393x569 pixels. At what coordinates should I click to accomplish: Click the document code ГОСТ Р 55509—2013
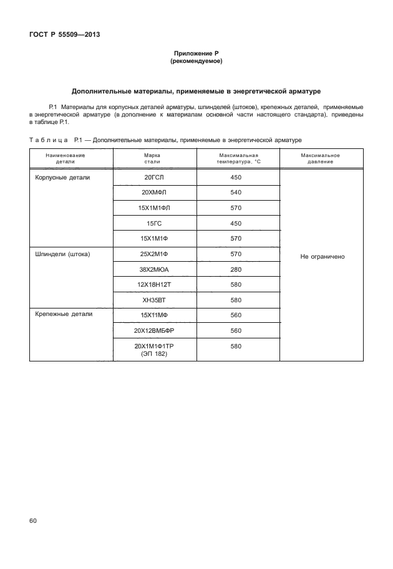(x=64, y=35)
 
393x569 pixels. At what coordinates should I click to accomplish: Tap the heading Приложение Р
(x=196, y=55)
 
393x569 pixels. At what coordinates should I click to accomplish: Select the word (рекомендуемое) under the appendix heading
(x=196, y=62)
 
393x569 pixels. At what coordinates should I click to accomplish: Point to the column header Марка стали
(x=152, y=158)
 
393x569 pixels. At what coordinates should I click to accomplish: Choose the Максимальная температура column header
(x=238, y=158)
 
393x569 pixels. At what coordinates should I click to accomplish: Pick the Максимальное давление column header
(x=320, y=158)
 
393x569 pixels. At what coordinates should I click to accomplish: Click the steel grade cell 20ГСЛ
(x=153, y=178)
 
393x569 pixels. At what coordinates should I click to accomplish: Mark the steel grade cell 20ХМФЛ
(x=153, y=193)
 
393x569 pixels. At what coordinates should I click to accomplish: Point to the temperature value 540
(x=236, y=193)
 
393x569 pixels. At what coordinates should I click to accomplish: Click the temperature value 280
(x=236, y=269)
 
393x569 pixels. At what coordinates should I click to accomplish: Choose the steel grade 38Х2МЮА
(x=153, y=269)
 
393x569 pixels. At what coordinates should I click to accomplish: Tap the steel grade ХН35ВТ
(x=153, y=300)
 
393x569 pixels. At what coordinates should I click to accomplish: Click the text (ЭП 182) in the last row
(x=153, y=353)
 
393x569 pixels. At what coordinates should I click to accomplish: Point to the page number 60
(x=34, y=520)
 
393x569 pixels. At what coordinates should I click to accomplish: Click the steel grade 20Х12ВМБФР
(x=153, y=330)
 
